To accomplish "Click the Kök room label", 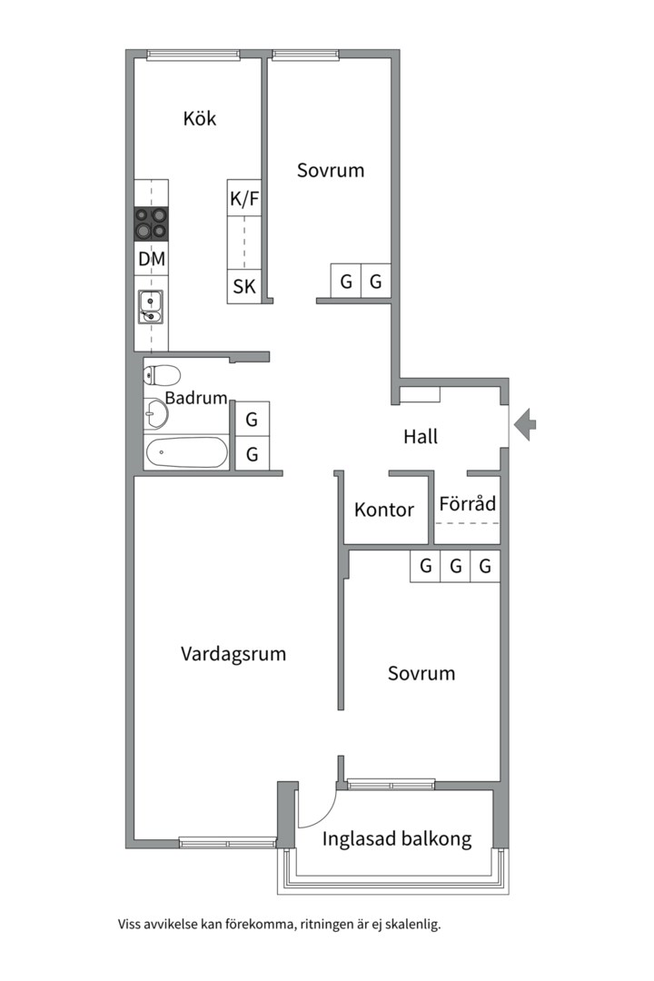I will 200,118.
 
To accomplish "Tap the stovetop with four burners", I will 152,223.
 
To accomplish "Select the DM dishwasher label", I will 152,259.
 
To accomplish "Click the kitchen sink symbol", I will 151,306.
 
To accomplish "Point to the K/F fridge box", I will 244,198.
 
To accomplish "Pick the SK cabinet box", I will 244,287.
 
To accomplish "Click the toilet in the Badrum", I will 162,374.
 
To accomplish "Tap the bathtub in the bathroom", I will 185,451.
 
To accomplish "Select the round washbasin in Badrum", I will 155,414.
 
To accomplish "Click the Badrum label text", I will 195,398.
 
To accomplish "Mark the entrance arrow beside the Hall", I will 525,423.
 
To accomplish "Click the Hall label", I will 421,436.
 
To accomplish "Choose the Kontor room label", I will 384,510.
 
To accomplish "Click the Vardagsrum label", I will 233,653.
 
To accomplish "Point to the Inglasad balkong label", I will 397,838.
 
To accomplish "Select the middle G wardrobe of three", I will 456,567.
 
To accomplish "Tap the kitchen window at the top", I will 193,54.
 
